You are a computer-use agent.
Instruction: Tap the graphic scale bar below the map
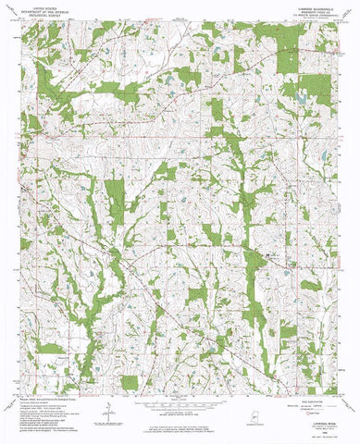180,376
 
